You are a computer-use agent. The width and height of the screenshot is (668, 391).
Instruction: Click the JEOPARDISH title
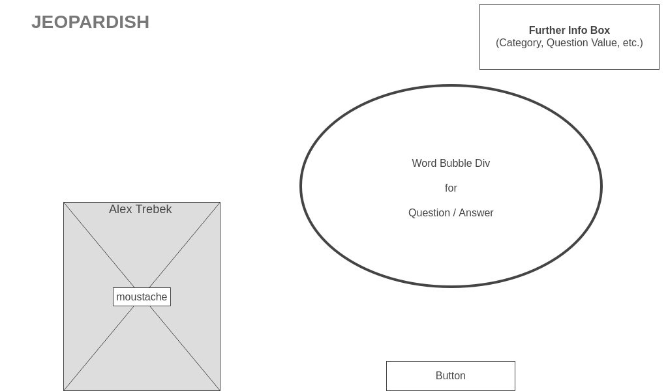tap(90, 22)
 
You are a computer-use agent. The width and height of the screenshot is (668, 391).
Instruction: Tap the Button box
tap(450, 376)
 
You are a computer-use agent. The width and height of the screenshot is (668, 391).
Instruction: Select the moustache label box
tap(142, 297)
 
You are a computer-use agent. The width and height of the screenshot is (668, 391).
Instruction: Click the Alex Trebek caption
tap(140, 209)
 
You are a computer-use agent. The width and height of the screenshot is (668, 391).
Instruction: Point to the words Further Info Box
tap(569, 31)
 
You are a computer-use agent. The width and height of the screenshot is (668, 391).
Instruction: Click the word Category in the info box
tap(520, 43)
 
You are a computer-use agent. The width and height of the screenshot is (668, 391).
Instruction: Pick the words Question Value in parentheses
tap(582, 43)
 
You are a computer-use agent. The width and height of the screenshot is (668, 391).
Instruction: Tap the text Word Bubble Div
tap(451, 164)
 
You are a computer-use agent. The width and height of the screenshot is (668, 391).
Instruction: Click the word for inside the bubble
tap(451, 188)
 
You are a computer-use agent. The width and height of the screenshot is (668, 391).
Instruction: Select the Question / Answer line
tap(451, 213)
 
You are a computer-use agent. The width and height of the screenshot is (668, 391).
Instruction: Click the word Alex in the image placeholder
tap(121, 209)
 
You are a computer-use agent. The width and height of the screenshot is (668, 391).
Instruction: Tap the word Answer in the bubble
tap(476, 213)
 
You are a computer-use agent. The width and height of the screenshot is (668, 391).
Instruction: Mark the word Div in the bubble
tap(483, 164)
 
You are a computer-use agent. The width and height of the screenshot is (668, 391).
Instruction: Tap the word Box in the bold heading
tap(600, 31)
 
